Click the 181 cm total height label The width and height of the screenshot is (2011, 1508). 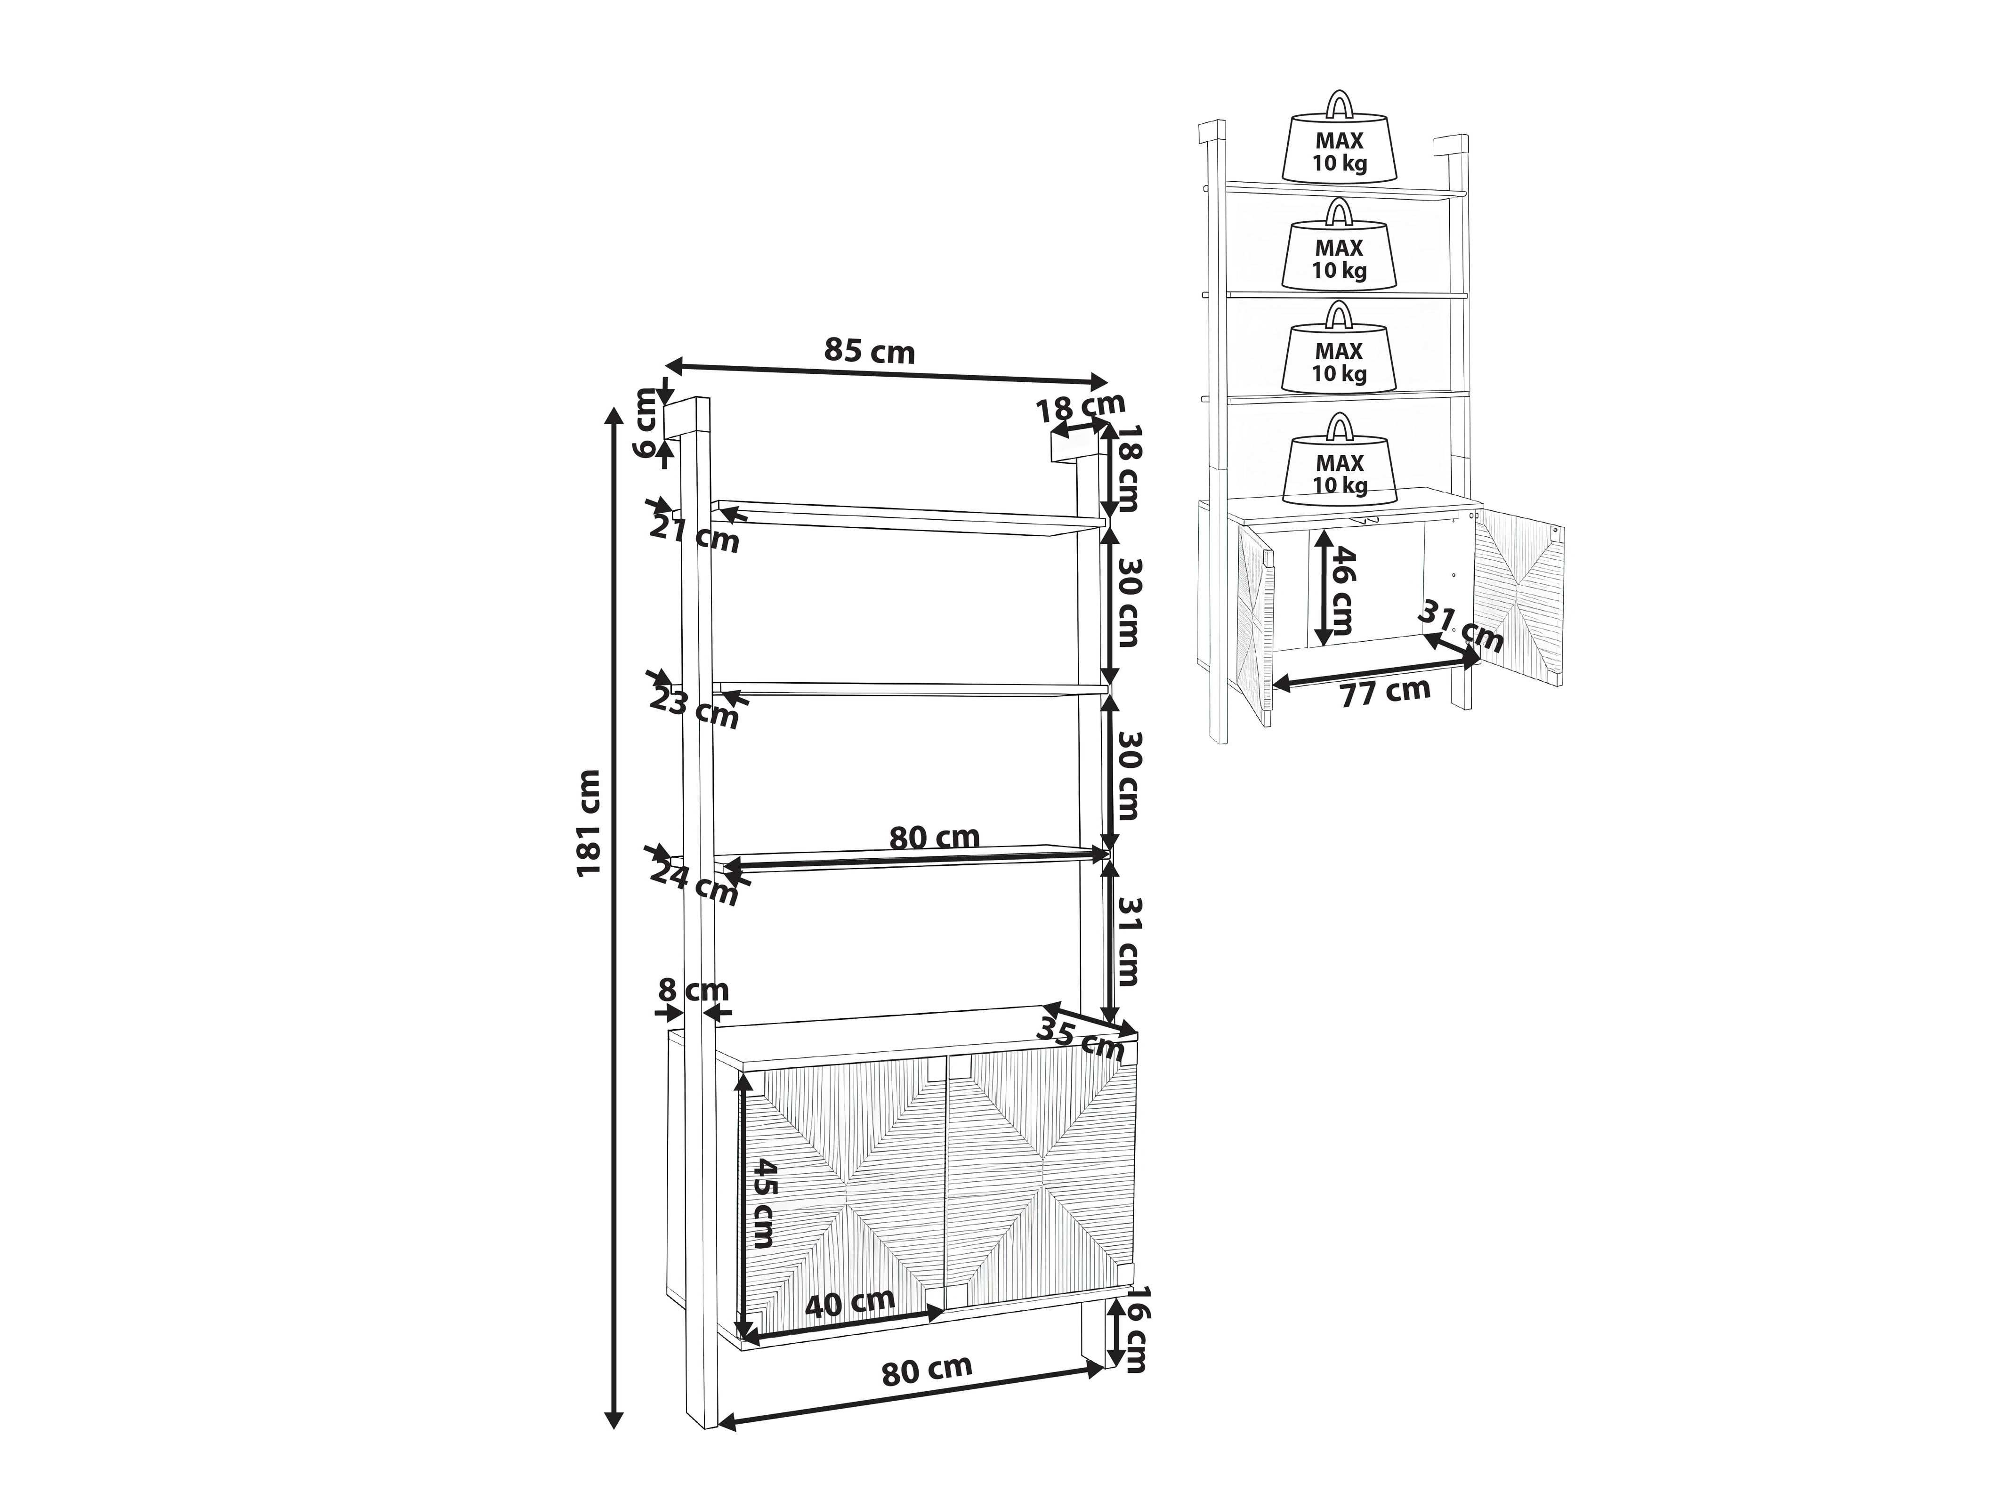point(589,822)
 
